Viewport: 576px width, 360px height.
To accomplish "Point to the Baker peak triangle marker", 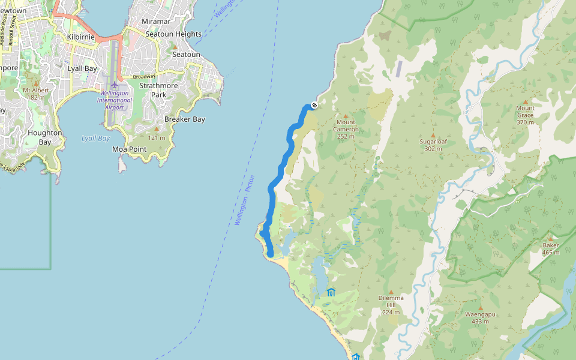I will tap(550, 238).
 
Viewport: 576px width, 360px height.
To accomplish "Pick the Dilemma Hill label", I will tap(391, 301).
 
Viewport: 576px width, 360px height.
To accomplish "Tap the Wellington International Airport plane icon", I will tap(114, 84).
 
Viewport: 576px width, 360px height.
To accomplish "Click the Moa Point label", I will tap(129, 149).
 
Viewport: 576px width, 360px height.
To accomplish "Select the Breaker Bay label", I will tap(185, 119).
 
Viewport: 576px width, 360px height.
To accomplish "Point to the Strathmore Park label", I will tap(158, 90).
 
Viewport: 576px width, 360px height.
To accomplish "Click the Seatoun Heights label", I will tap(173, 34).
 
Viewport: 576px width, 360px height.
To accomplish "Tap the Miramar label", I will tap(156, 22).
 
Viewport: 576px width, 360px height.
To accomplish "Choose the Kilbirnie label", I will tap(82, 37).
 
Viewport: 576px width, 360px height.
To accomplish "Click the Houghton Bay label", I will tap(44, 137).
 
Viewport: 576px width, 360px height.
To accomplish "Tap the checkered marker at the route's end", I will tap(314, 106).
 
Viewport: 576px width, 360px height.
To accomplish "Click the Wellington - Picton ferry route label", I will tap(245, 200).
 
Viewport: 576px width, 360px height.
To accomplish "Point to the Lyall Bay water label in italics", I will tap(95, 139).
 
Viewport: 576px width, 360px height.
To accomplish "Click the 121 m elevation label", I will tap(157, 138).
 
